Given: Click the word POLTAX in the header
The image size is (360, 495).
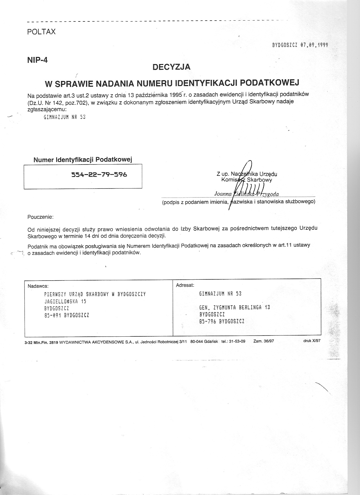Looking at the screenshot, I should pos(41,32).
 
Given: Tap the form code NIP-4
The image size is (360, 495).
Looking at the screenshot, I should pos(37,60).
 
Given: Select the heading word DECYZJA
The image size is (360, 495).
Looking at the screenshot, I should pos(171,67).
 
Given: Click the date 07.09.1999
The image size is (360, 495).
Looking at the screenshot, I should pos(314,45).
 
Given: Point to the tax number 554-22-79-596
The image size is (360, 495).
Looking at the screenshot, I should pos(99,175).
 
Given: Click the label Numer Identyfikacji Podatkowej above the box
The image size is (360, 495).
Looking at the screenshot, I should pos(83,160).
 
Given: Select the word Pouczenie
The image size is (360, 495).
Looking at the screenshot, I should pos(40,217).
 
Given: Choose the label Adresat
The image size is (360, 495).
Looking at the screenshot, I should pos(185,285).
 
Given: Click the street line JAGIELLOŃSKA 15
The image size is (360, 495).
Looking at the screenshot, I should pos(63,301).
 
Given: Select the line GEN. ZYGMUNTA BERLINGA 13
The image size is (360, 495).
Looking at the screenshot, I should pos(234,307).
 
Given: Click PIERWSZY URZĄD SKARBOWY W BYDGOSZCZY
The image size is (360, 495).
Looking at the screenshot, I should pos(95,294).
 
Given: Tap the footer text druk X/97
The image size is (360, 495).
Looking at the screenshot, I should pos(312,341).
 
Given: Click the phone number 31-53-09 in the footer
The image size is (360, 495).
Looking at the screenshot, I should pos(237,341).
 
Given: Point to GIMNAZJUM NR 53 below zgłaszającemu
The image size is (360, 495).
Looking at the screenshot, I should pos(65,117).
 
